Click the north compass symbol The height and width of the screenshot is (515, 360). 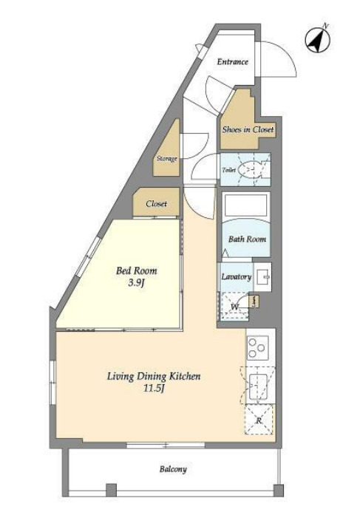point(317,40)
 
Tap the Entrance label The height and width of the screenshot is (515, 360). point(233,62)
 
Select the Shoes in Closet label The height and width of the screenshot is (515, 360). point(248,129)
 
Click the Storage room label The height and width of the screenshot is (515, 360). point(167,159)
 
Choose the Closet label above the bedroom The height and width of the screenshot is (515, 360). point(157,204)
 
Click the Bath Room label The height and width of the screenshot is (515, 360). point(248,239)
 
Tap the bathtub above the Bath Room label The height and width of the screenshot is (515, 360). point(245,205)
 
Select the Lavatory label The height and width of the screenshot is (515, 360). point(237,276)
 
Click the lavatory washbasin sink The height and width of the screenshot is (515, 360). point(262,278)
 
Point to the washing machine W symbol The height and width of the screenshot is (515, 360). point(234,307)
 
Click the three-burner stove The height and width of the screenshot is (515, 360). point(257,348)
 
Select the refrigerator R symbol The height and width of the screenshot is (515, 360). point(259,420)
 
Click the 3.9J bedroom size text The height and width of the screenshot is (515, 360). point(136,283)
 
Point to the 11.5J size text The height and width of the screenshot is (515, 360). point(154,389)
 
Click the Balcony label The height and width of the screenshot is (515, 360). point(173,469)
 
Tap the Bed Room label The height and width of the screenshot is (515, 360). point(137,271)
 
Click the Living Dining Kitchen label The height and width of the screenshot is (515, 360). point(154,376)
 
